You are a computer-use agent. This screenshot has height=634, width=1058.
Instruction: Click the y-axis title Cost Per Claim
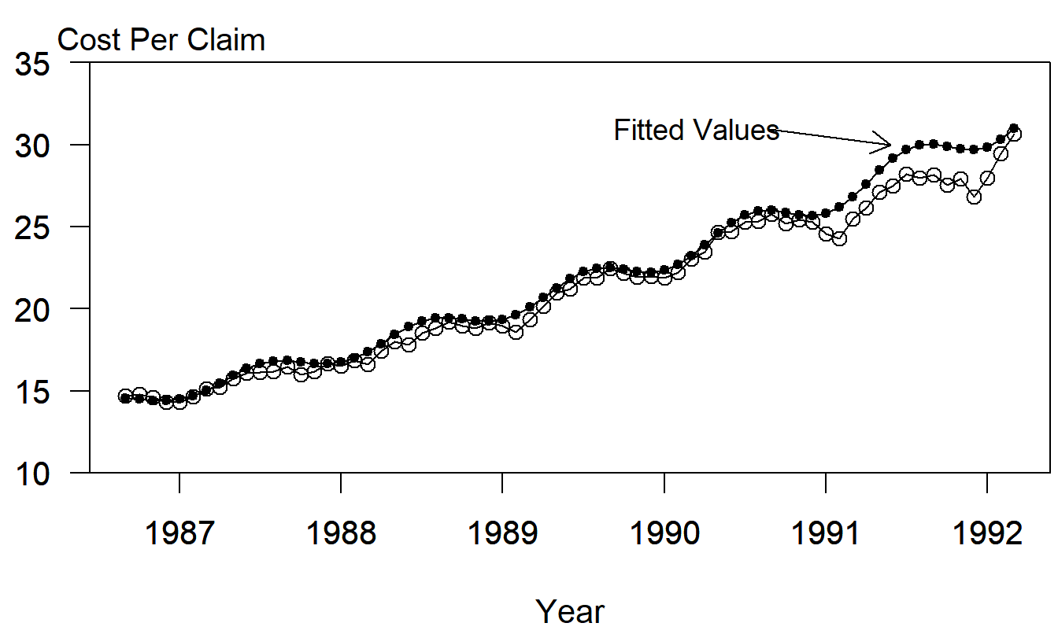(x=161, y=40)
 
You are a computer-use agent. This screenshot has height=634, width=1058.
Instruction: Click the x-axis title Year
(x=570, y=611)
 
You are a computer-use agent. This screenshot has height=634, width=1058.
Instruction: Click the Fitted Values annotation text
(x=696, y=130)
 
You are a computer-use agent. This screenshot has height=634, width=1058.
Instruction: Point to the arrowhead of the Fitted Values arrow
(x=890, y=144)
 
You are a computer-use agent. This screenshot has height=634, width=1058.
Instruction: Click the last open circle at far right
(x=1014, y=134)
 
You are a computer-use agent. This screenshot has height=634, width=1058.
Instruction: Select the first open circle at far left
(x=125, y=396)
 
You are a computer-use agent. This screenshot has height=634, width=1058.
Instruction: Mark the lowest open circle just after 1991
(x=839, y=238)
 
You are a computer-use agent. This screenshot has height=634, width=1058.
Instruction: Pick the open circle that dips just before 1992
(x=974, y=197)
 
